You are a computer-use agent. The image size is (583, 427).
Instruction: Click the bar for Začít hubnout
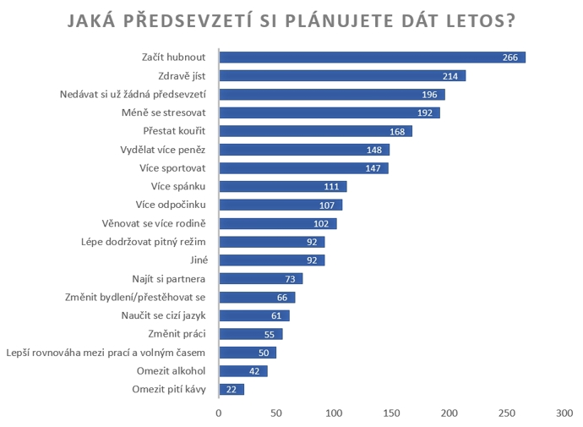click(372, 57)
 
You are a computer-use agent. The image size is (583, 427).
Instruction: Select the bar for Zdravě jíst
click(342, 76)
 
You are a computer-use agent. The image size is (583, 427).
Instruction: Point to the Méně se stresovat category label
click(167, 112)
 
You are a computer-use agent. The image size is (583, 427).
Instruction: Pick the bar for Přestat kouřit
click(315, 131)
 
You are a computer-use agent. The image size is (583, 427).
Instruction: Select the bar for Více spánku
click(282, 187)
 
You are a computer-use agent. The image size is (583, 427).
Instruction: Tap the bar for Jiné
click(271, 260)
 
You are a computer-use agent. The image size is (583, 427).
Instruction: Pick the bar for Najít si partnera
click(260, 279)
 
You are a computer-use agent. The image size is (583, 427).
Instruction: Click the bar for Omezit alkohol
click(242, 371)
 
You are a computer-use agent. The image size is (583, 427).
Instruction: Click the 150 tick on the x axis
click(391, 413)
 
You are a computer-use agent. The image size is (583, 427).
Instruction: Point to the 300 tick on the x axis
click(564, 413)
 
